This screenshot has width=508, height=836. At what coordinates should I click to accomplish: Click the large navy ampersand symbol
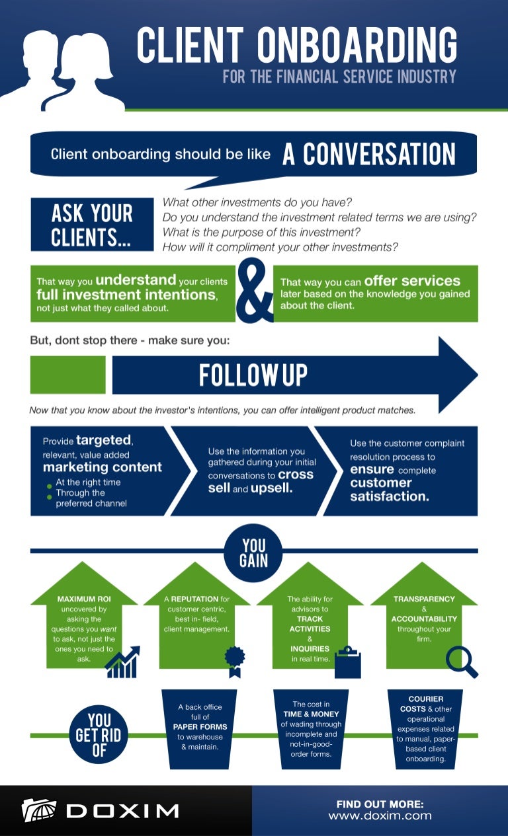[x=254, y=292]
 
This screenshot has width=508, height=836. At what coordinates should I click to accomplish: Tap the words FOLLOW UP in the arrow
[x=253, y=375]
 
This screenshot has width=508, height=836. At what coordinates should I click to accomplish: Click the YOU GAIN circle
[x=253, y=553]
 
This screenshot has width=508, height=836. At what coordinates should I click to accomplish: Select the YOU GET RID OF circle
[x=99, y=734]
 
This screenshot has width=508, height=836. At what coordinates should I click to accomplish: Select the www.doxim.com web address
[x=380, y=816]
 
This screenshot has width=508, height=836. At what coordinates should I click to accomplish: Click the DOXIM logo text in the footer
[x=122, y=810]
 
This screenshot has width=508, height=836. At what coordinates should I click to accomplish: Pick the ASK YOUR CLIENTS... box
[x=92, y=225]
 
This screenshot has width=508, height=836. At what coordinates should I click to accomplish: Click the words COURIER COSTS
[x=426, y=704]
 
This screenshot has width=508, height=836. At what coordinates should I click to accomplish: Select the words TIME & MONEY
[x=311, y=714]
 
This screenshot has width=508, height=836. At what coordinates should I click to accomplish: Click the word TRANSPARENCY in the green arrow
[x=424, y=599]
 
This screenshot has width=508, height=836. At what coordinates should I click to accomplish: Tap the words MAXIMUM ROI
[x=84, y=599]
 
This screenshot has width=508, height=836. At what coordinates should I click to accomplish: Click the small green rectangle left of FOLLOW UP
[x=67, y=375]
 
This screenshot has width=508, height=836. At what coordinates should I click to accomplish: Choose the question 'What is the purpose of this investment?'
[x=262, y=232]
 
